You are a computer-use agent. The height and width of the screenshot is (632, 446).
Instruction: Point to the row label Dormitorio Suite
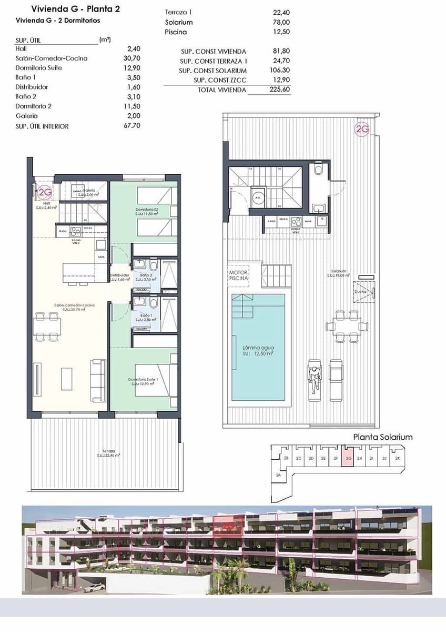[x=39, y=68]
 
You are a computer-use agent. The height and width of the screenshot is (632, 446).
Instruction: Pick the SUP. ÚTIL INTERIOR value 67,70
[x=131, y=126]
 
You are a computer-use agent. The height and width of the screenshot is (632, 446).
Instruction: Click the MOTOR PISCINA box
[x=238, y=275]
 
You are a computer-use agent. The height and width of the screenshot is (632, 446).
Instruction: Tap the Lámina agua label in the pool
[x=258, y=348]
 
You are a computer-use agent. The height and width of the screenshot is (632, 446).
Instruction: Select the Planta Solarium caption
[x=383, y=437]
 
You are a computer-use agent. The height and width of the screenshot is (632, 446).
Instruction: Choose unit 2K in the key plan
[x=398, y=458]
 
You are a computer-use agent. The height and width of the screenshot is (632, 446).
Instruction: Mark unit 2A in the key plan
[x=279, y=475]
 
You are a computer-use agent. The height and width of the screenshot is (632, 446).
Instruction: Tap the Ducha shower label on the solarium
[x=360, y=291]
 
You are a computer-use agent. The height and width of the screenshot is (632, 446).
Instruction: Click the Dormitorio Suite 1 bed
[x=155, y=380]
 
